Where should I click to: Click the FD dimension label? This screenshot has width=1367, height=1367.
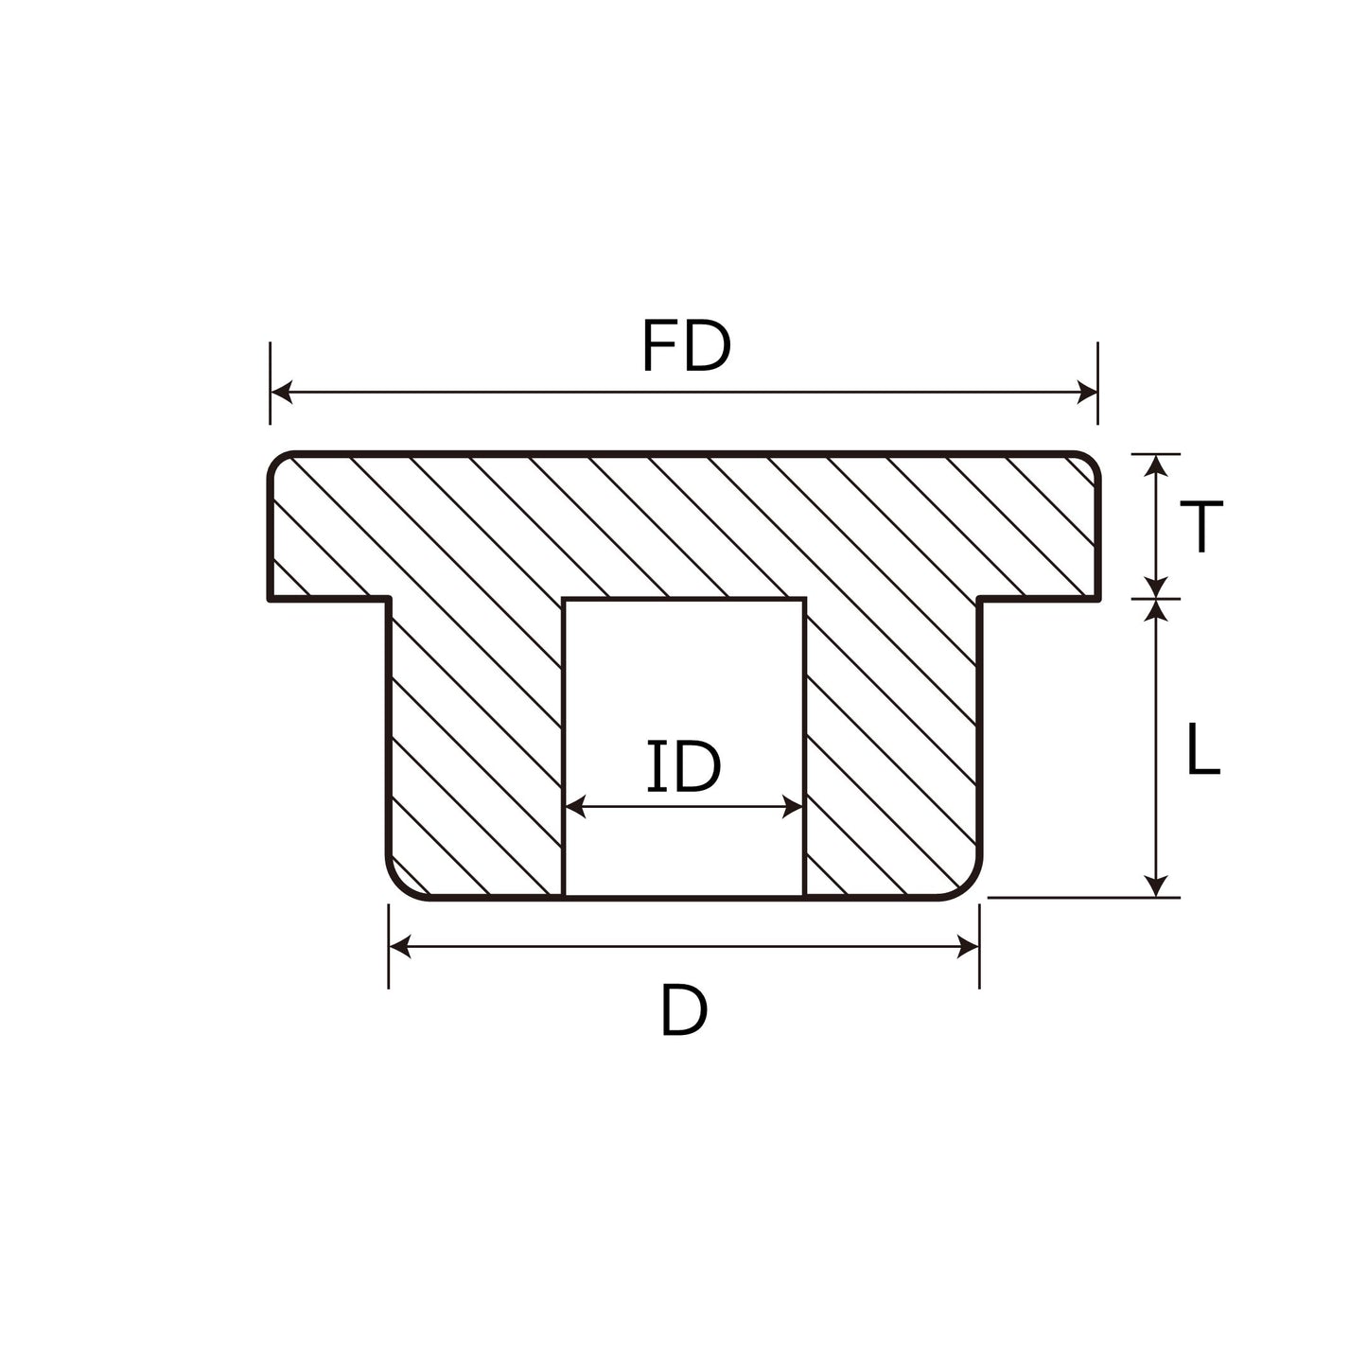point(686,345)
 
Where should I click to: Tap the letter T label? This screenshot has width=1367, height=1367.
point(1201,526)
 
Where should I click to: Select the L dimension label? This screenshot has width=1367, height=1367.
point(1203,748)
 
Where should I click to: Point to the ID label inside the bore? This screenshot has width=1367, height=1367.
point(684,766)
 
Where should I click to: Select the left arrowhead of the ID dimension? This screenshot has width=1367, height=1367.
point(575,807)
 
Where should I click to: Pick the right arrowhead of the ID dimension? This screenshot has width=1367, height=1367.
point(793,807)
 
